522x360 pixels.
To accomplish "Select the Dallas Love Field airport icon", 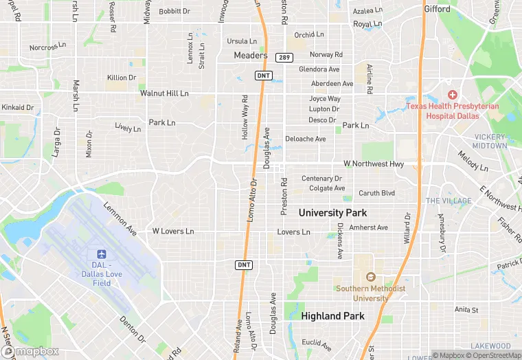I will [102, 255].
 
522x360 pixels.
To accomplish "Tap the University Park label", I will [332, 213].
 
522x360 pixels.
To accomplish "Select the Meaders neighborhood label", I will [250, 55].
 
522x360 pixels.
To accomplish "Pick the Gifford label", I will [437, 10].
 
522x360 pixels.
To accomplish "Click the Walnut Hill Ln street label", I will [163, 93].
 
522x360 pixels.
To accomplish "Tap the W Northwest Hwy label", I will [374, 164].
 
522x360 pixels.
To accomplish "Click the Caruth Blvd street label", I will [377, 193].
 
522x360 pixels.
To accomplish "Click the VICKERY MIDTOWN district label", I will [490, 142].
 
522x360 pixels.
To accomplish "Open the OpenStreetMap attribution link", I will [492, 355].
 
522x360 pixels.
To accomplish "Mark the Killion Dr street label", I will [122, 78].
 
